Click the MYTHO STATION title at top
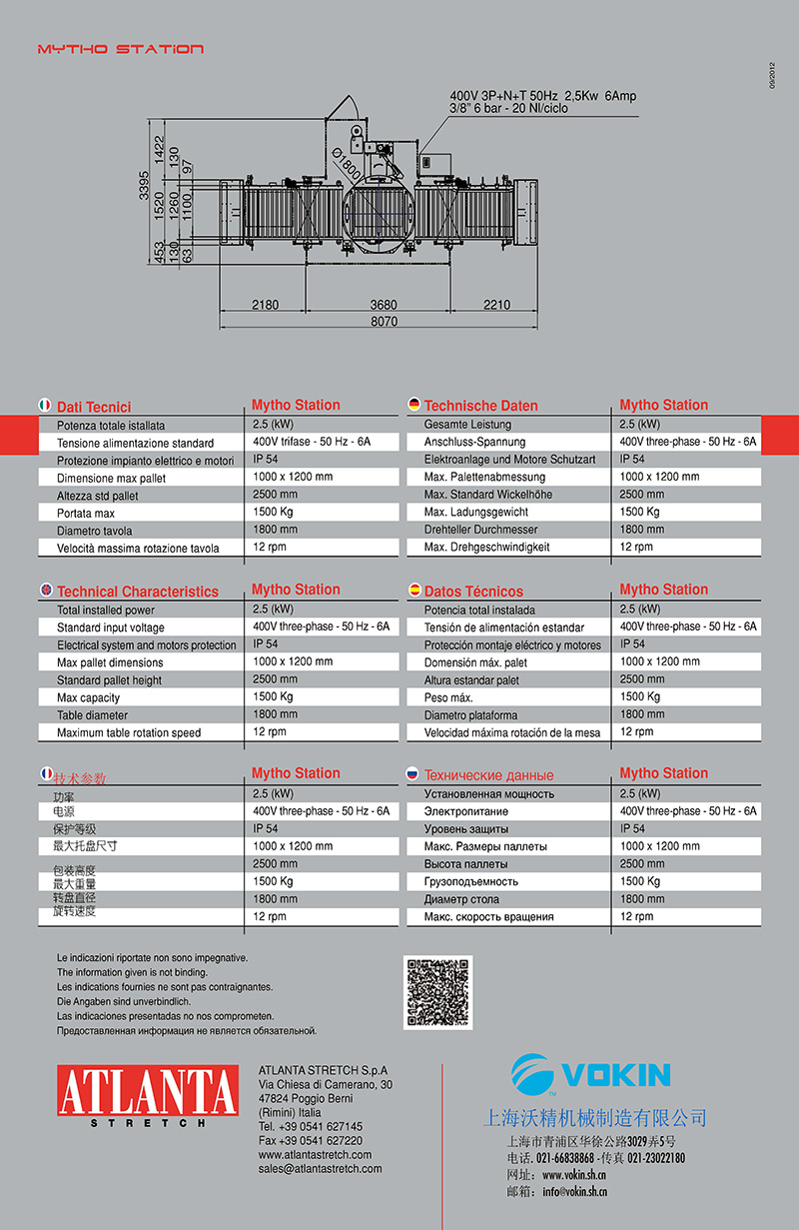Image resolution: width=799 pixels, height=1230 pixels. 121,49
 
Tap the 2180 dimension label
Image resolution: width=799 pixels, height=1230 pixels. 265,305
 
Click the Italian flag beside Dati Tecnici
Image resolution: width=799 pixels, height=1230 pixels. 44,406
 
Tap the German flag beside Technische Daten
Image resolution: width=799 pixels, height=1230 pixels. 413,405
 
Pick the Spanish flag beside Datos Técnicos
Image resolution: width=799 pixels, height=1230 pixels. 413,591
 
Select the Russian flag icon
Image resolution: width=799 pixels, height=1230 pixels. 412,774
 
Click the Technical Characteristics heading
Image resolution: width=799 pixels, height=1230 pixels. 137,592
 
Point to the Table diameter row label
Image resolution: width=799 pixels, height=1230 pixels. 93,715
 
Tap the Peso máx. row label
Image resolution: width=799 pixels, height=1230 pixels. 448,697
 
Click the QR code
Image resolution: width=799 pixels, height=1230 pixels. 438,992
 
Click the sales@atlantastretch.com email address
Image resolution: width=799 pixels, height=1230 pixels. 320,1168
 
